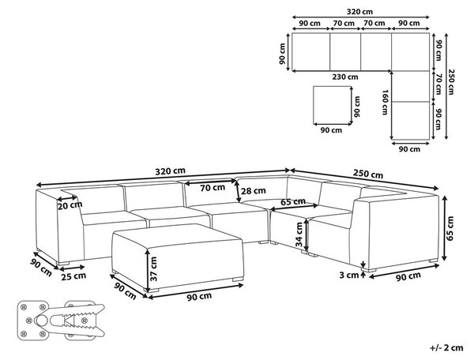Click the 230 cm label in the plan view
(345, 77)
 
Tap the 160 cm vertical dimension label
(385, 103)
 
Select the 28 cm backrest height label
(254, 190)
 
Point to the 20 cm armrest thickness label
(70, 205)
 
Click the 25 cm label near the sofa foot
(73, 276)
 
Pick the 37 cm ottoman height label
(153, 268)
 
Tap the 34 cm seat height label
(299, 234)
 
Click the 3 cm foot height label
(349, 276)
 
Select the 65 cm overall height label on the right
(450, 228)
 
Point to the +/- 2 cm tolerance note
(446, 347)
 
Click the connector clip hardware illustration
(61, 321)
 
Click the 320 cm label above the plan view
(359, 12)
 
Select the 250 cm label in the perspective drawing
(368, 174)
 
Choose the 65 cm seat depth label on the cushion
(292, 202)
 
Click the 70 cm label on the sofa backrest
(213, 188)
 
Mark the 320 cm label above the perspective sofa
(170, 171)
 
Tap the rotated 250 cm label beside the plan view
(451, 82)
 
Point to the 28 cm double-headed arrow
(238, 190)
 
